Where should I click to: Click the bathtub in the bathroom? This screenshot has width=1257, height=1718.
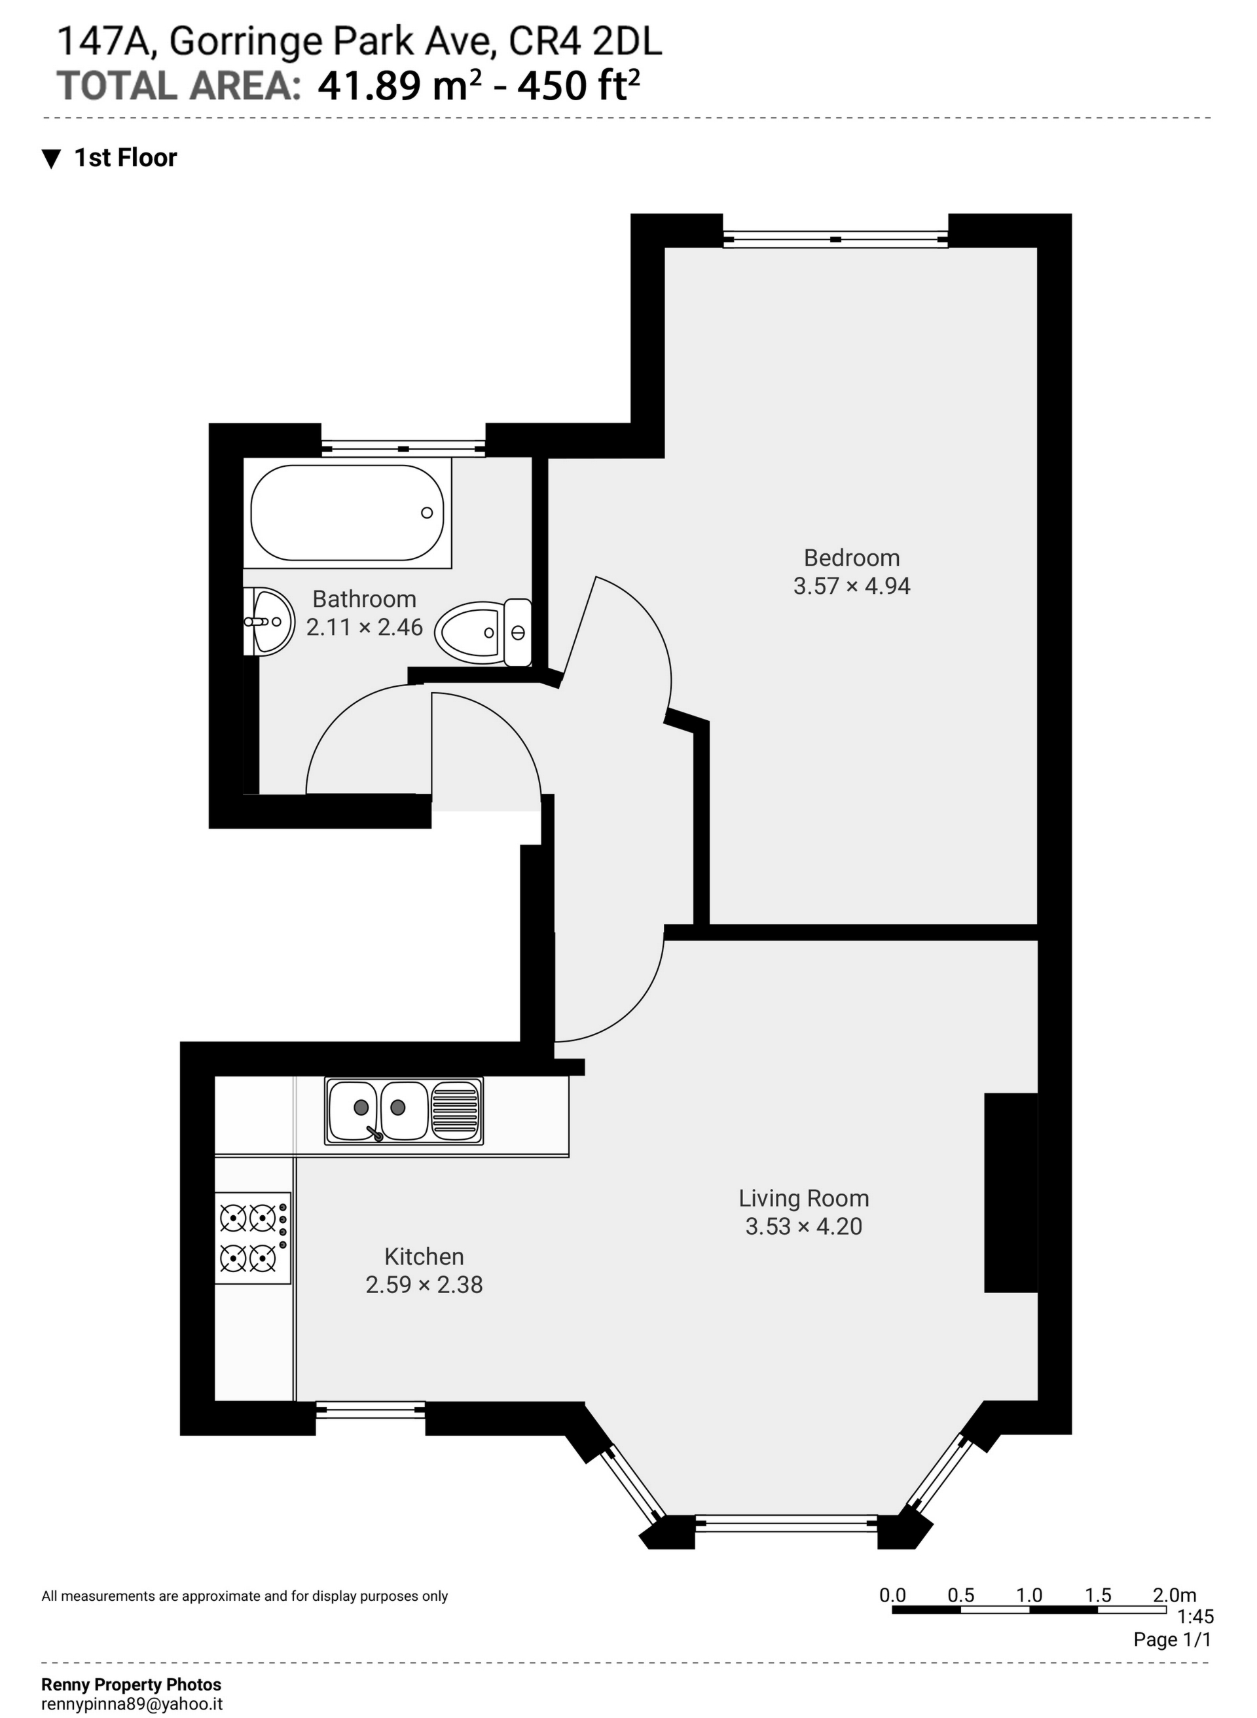347,513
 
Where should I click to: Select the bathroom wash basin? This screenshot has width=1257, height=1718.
268,621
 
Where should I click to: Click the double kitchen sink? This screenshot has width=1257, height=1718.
403,1111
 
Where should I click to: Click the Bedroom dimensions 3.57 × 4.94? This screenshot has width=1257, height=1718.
852,587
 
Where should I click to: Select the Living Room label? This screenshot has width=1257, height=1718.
803,1198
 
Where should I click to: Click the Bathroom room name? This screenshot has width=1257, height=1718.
364,600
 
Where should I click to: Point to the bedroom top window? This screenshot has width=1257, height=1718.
835,240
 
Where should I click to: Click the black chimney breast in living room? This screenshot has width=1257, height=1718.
1010,1192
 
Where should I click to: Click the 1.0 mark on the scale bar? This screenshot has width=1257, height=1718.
1029,1595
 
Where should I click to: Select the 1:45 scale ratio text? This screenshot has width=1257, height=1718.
1195,1616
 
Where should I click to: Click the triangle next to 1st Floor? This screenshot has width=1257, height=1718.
51,158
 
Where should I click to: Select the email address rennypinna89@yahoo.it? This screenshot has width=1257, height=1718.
132,1704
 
